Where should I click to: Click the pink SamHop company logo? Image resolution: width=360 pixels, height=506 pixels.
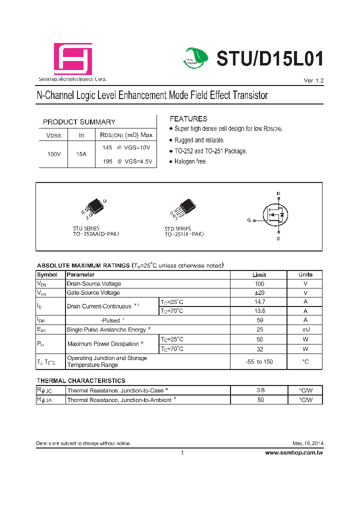coord(73,59)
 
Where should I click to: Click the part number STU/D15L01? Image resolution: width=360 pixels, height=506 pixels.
coord(269,59)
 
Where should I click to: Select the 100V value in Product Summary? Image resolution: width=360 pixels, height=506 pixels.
coord(54,154)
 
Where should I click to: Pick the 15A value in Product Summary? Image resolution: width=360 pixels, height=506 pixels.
coord(81,154)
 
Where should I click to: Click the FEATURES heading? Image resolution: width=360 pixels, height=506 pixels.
coord(188,119)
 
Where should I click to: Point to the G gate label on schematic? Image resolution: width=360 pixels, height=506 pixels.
coord(248,220)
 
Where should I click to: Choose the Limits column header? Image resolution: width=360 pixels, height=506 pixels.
coord(259,274)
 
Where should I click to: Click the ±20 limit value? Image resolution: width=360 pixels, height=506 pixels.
coord(259,292)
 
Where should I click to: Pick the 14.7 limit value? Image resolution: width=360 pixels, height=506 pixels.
coord(259,302)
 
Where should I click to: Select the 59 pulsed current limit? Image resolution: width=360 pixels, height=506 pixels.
coord(259,320)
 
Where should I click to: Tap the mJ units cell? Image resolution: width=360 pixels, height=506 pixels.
coord(305,329)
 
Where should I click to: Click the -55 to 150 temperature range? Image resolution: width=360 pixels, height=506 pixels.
coord(259,361)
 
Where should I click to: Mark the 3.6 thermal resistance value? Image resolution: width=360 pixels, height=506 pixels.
coord(260,390)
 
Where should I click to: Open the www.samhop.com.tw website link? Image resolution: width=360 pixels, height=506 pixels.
coord(293,452)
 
